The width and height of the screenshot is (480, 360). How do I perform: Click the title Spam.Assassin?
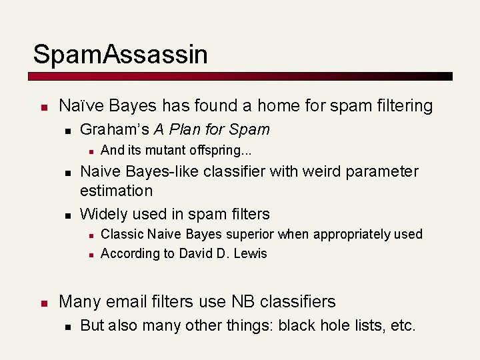tap(120, 54)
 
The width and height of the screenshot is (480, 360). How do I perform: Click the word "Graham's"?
tap(114, 129)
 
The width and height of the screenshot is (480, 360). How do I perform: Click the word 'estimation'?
tap(116, 190)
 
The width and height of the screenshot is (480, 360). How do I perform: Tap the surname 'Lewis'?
tap(250, 253)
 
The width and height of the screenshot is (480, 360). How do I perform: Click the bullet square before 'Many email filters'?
tap(43, 303)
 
